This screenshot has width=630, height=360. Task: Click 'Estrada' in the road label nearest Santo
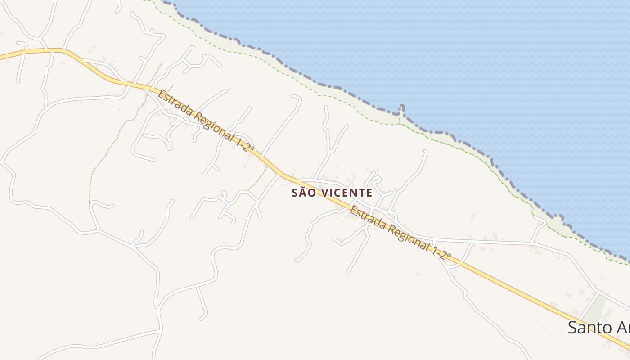(367, 219)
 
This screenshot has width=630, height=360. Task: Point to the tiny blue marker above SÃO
(320, 186)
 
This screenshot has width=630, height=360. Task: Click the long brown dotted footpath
(108, 144)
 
